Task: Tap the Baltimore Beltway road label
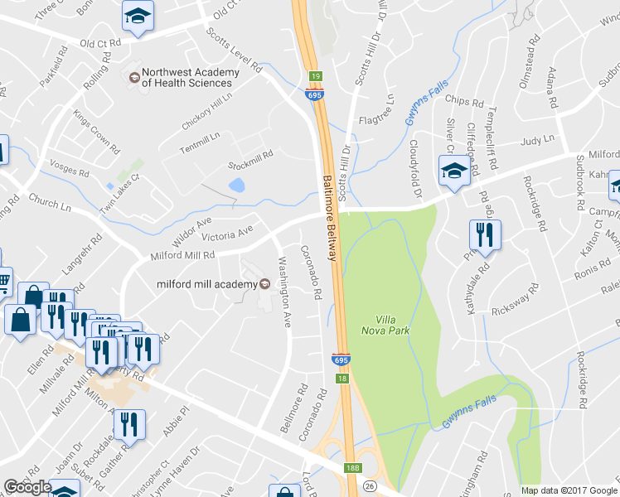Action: click(x=328, y=217)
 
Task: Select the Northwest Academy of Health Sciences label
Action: click(x=190, y=77)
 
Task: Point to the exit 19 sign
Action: click(x=315, y=75)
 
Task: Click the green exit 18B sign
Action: click(x=352, y=468)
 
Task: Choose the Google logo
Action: click(x=28, y=487)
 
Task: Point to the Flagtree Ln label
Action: click(x=387, y=109)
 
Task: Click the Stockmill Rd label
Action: click(x=250, y=155)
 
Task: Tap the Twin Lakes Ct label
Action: click(x=120, y=188)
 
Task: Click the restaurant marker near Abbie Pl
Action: click(x=128, y=427)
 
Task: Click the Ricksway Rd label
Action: click(x=514, y=299)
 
